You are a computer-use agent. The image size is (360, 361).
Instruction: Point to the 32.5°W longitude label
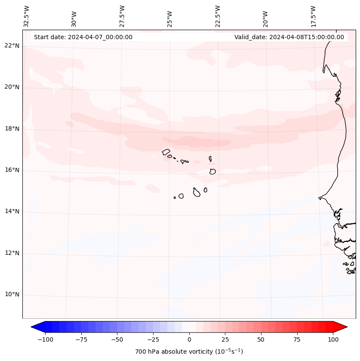point(27,16)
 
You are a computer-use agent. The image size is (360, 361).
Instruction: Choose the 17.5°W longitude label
point(313,16)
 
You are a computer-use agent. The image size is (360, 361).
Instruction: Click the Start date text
point(83,37)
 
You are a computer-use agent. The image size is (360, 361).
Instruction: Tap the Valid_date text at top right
point(289,37)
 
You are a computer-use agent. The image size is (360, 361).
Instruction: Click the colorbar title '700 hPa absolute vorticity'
point(189,352)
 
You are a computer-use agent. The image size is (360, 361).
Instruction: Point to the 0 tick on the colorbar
point(189,339)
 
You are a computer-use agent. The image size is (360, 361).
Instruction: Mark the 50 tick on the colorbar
point(261,339)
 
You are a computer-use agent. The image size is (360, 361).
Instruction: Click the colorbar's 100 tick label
point(333,339)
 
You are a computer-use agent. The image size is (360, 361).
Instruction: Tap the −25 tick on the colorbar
point(154,339)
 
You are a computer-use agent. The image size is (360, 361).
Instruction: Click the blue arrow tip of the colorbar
point(33,327)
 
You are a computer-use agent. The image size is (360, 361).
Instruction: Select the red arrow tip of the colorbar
point(346,327)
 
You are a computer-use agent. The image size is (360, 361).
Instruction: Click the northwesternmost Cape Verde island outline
point(166,152)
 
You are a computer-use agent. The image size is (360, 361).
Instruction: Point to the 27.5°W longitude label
point(122,16)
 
